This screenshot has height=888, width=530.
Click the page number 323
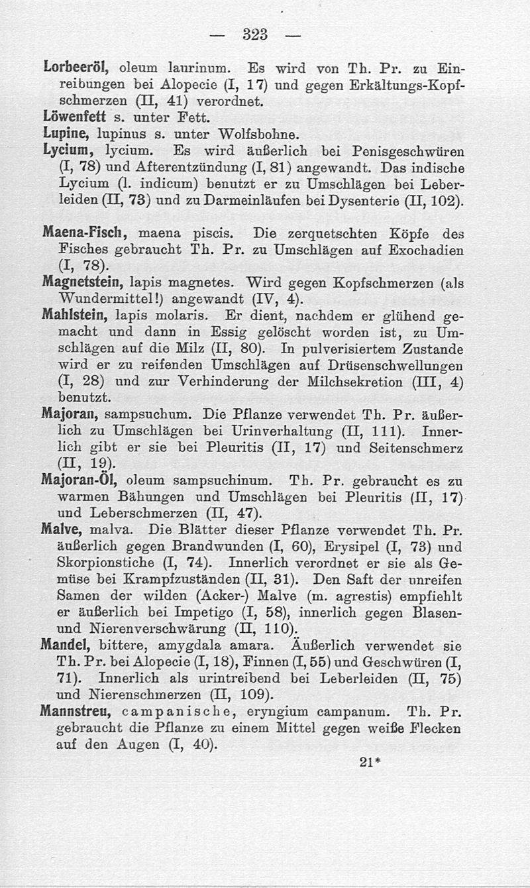(x=254, y=35)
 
